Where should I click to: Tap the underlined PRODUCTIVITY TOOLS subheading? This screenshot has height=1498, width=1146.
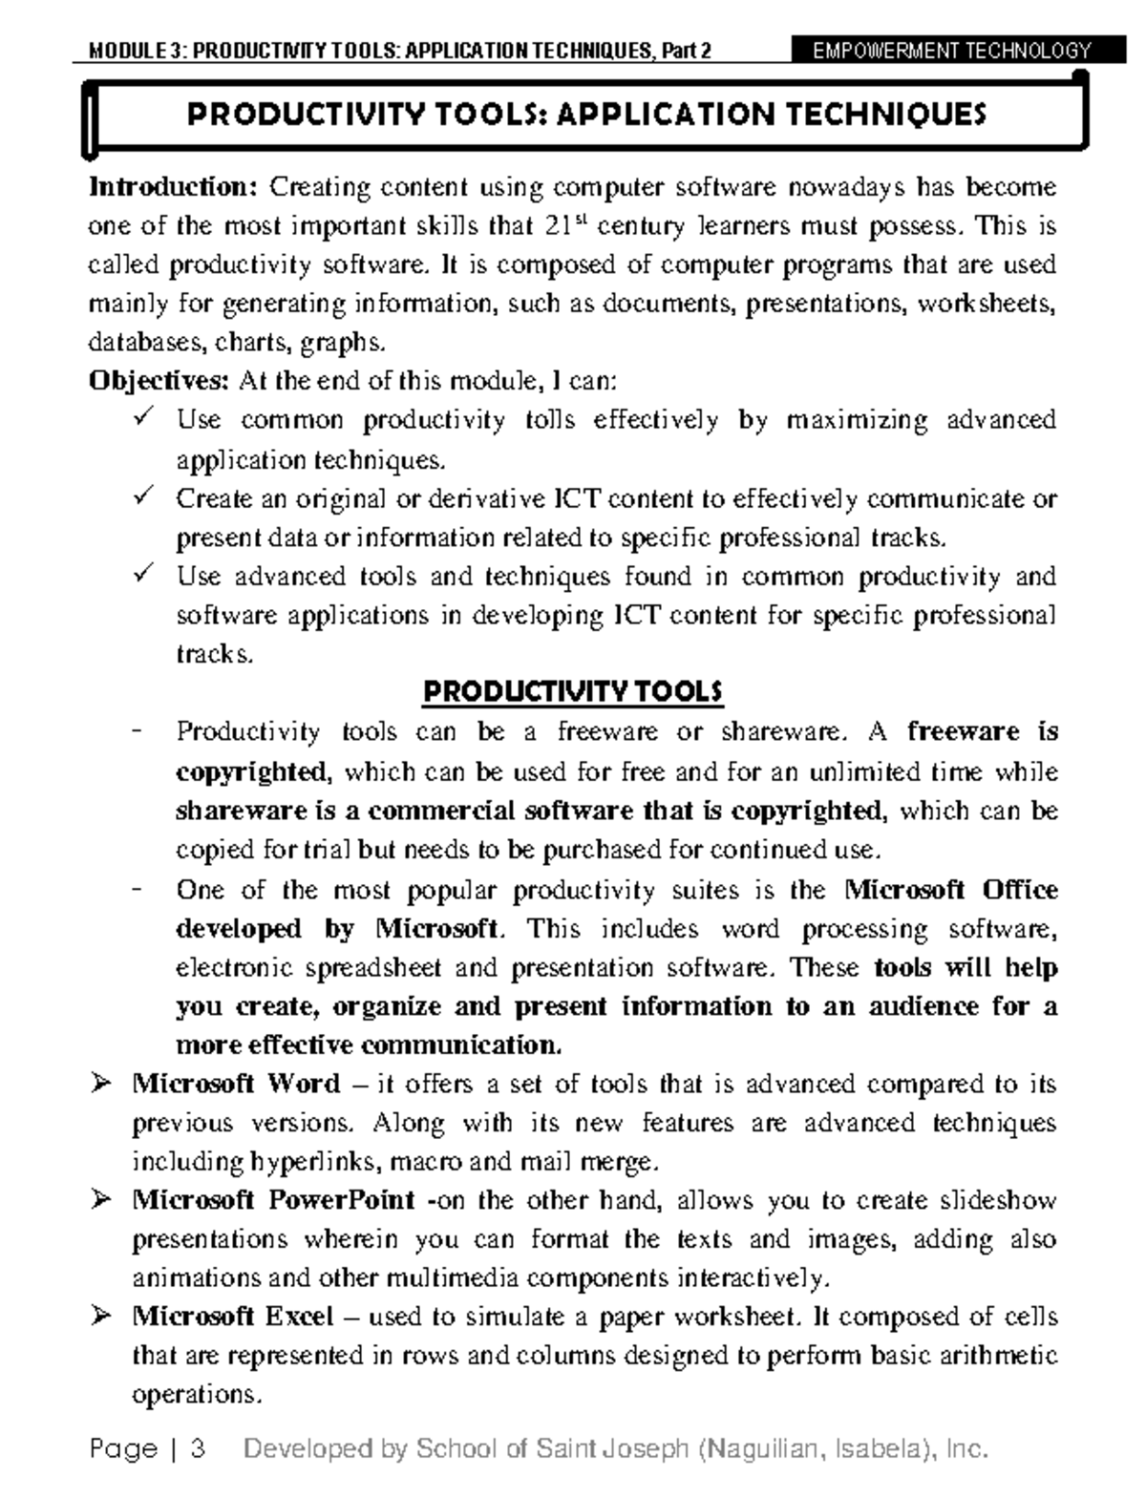(x=572, y=692)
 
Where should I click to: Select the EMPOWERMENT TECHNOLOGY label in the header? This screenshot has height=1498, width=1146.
(x=950, y=50)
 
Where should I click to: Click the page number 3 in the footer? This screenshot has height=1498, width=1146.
(x=199, y=1449)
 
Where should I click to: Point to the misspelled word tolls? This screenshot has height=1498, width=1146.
(x=550, y=421)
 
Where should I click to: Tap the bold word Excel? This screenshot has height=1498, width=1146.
(x=299, y=1318)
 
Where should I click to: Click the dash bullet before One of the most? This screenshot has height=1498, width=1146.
(x=139, y=890)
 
